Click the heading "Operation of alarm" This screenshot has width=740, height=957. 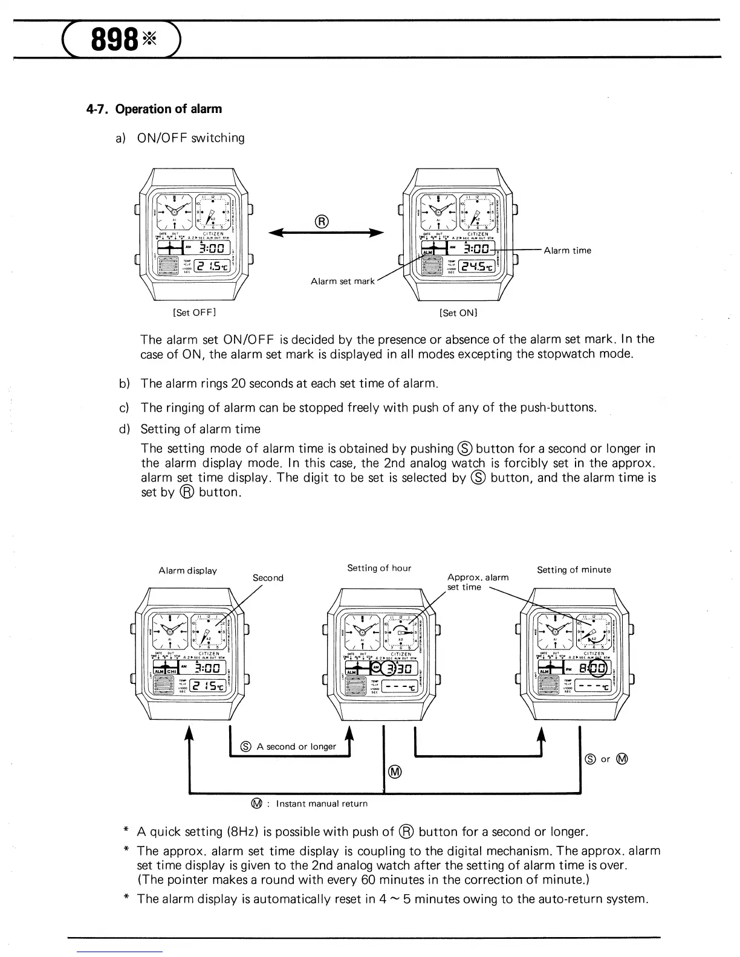click(168, 109)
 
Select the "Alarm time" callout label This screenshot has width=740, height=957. click(568, 251)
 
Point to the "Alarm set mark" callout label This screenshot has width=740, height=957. click(343, 281)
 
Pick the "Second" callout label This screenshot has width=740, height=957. click(268, 578)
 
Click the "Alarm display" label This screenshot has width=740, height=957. click(187, 570)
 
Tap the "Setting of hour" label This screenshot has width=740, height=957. click(379, 568)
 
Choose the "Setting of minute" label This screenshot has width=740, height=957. click(574, 569)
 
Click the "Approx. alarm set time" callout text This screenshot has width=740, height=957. click(478, 582)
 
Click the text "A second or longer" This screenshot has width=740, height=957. click(296, 746)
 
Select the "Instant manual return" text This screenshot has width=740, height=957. click(322, 804)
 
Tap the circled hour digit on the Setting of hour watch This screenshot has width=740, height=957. click(392, 668)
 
